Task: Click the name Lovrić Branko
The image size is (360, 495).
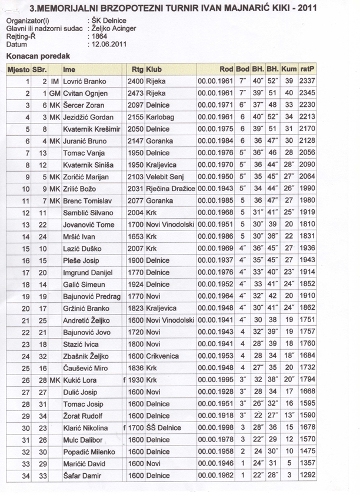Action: [84, 81]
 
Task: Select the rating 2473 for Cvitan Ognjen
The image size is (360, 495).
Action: [135, 93]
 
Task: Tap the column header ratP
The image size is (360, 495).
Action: [306, 68]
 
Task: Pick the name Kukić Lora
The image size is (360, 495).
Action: [81, 380]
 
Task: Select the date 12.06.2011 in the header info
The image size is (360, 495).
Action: [108, 44]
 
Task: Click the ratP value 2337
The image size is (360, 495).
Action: [307, 81]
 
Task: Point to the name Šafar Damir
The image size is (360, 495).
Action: [82, 476]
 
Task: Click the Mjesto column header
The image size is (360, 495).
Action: [18, 68]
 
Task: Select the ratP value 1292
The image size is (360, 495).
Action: [307, 476]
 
